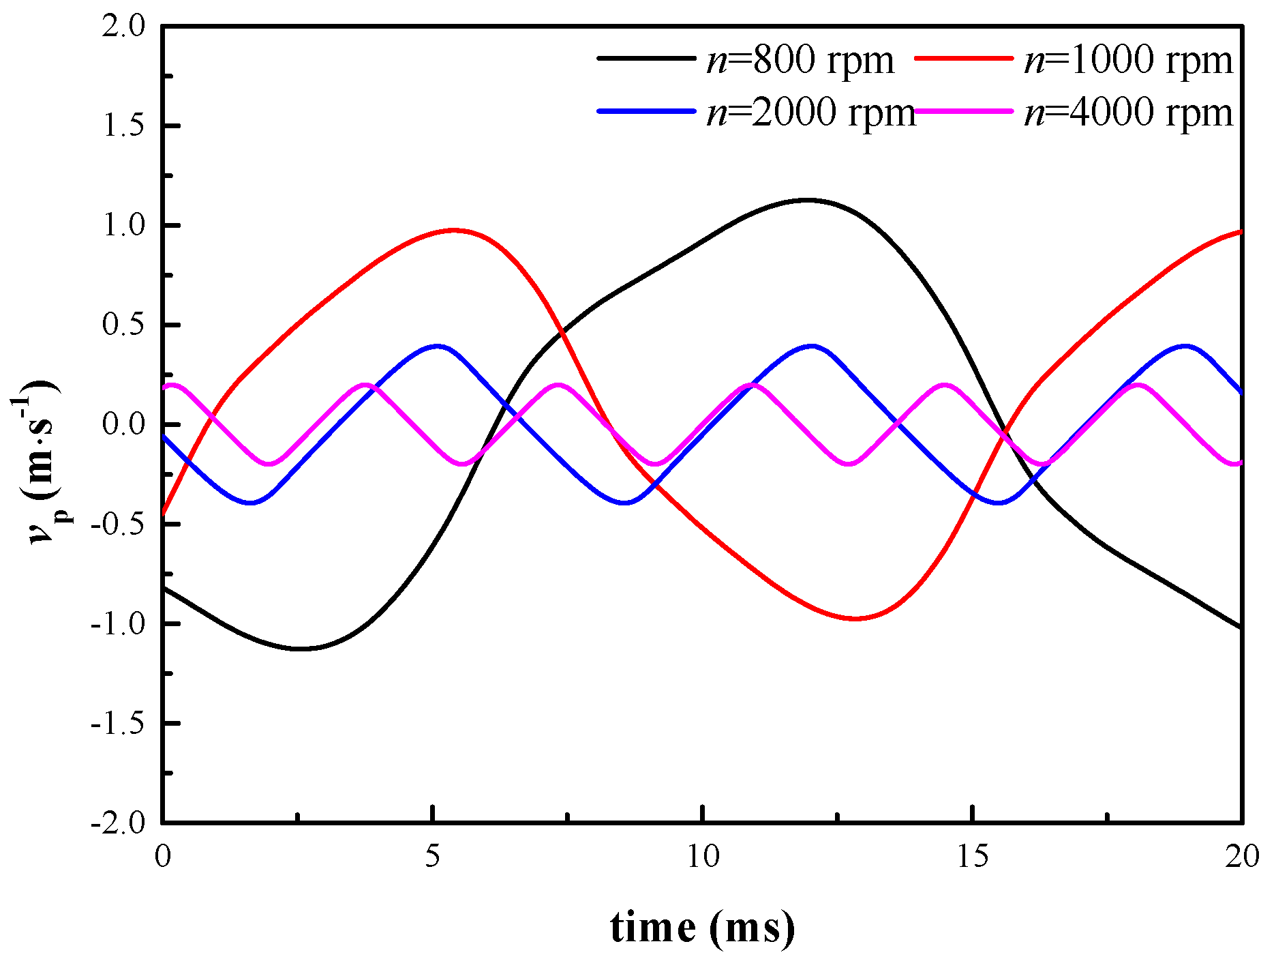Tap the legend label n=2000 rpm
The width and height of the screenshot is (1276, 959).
(x=810, y=112)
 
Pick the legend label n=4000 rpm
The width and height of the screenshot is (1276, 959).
(x=1128, y=112)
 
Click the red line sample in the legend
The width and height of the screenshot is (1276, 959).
(x=963, y=59)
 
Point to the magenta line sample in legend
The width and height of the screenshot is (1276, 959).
(x=963, y=110)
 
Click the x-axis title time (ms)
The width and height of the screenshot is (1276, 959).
(x=702, y=928)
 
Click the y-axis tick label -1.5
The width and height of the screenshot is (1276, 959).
(x=118, y=724)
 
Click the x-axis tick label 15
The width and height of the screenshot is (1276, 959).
(x=972, y=857)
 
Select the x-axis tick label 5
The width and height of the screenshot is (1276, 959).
(x=432, y=857)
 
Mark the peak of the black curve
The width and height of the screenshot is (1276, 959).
(x=808, y=200)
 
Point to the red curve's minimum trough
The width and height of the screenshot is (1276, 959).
(x=855, y=619)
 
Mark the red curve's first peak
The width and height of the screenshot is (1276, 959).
(x=453, y=230)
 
